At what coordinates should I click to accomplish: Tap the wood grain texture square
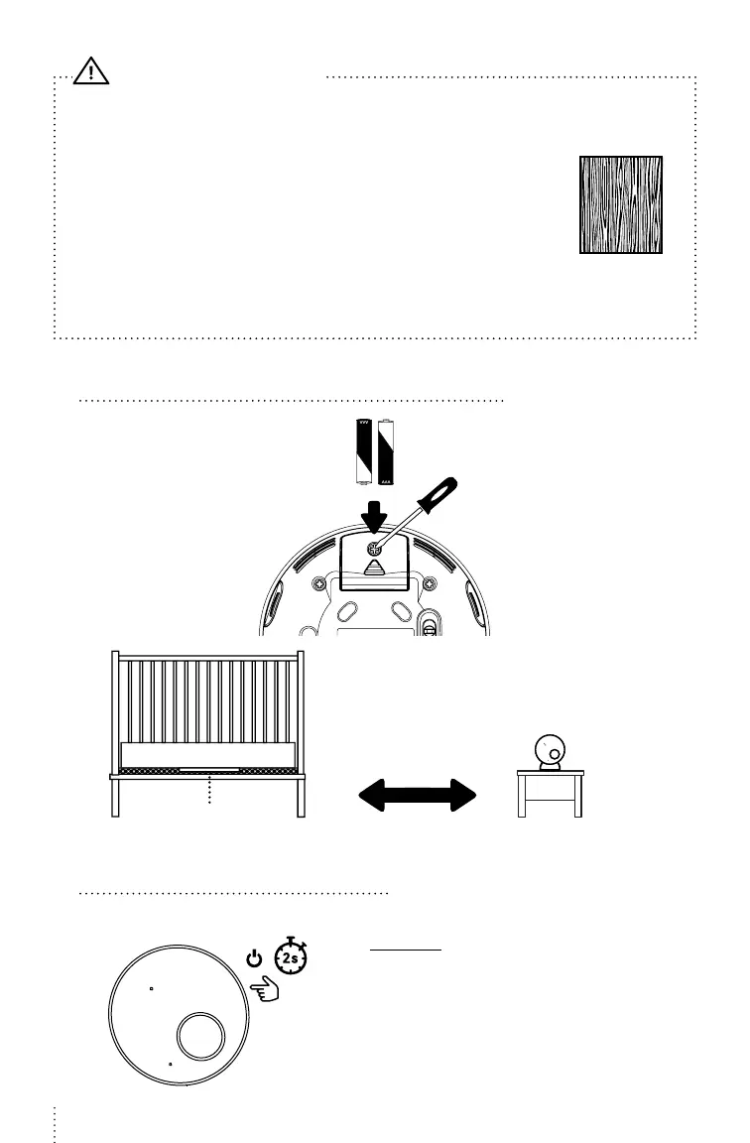[x=621, y=204]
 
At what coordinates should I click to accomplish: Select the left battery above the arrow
[x=363, y=450]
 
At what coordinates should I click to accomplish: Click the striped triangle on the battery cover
[x=374, y=569]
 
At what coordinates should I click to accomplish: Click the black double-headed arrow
[x=417, y=795]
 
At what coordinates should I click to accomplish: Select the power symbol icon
[x=255, y=959]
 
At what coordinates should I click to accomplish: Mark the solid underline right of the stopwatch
[x=405, y=950]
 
